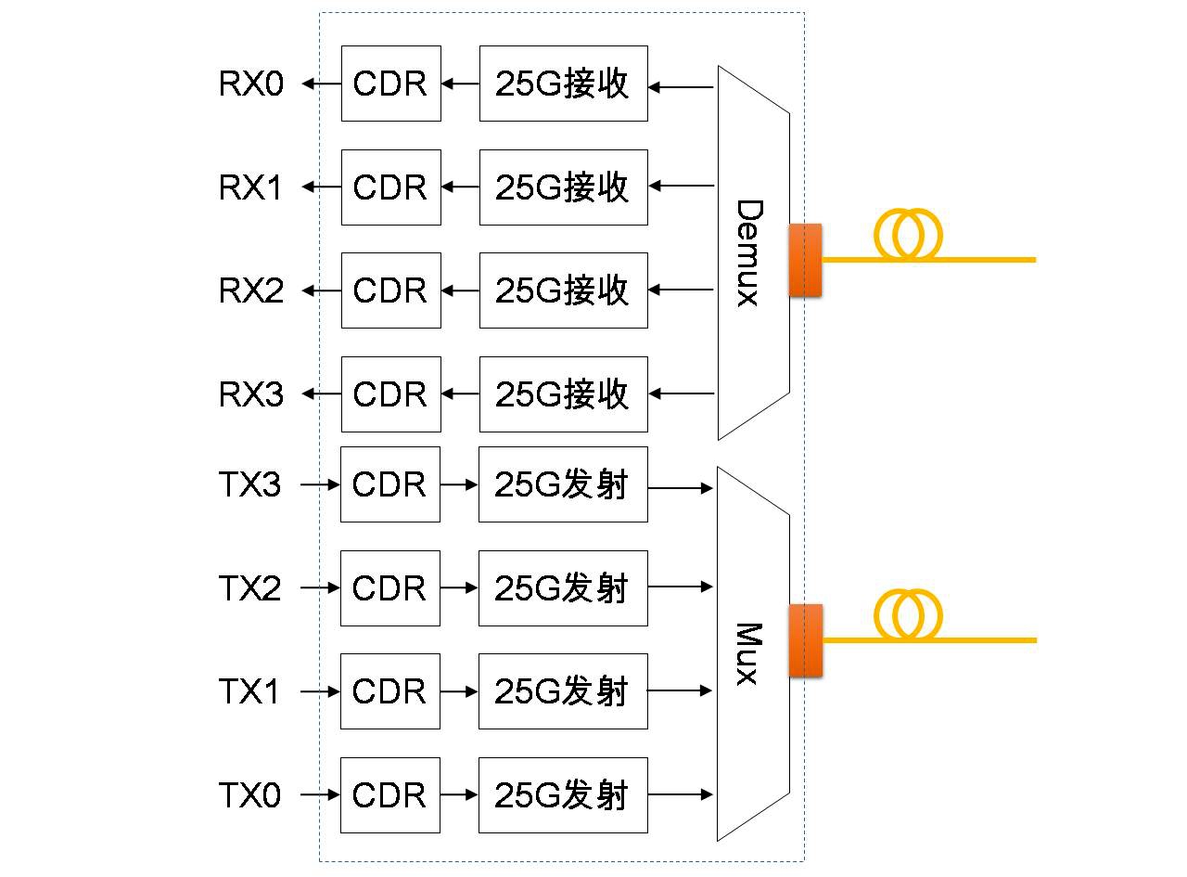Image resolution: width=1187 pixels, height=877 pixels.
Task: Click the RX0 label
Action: (250, 84)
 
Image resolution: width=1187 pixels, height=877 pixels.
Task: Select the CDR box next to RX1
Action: (390, 187)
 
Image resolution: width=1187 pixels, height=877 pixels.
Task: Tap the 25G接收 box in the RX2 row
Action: (563, 290)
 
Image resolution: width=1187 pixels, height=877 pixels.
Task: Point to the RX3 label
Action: (250, 394)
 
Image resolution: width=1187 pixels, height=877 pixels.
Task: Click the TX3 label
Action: (249, 484)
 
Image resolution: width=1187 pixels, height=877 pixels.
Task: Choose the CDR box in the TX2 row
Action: (389, 588)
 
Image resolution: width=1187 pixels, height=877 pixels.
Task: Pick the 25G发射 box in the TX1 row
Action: (562, 691)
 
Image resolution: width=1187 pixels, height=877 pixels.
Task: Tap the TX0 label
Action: (249, 795)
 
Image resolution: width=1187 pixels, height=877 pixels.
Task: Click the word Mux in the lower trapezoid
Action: (747, 653)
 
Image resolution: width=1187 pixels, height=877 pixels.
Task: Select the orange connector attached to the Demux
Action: (805, 260)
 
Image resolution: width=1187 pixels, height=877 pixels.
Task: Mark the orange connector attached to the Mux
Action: (805, 640)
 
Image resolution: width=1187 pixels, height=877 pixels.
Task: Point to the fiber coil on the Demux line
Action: (906, 234)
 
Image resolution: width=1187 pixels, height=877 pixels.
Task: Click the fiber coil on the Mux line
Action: (907, 614)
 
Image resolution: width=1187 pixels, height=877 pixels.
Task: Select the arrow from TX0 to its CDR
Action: (321, 795)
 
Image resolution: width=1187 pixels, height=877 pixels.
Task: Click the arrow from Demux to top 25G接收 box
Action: (681, 88)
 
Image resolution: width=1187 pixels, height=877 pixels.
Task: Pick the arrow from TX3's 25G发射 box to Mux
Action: (681, 487)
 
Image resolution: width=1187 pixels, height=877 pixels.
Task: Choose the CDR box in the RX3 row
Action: (390, 394)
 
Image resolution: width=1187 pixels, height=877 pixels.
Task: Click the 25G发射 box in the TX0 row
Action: (562, 795)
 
